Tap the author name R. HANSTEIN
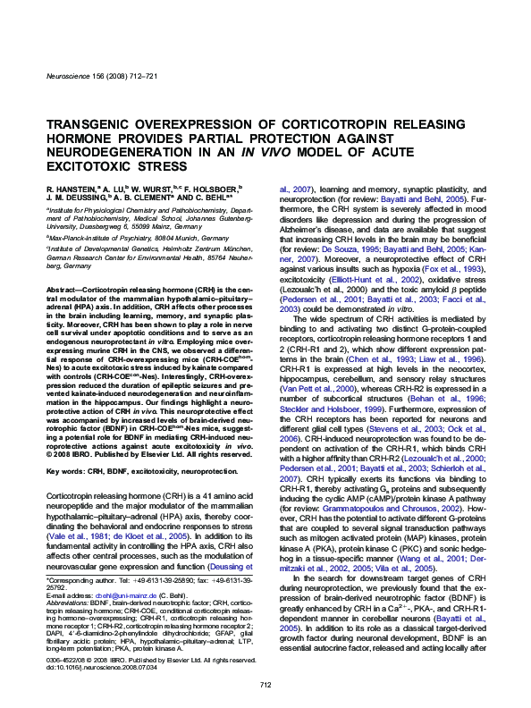tap(68, 190)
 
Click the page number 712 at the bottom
tap(265, 685)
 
